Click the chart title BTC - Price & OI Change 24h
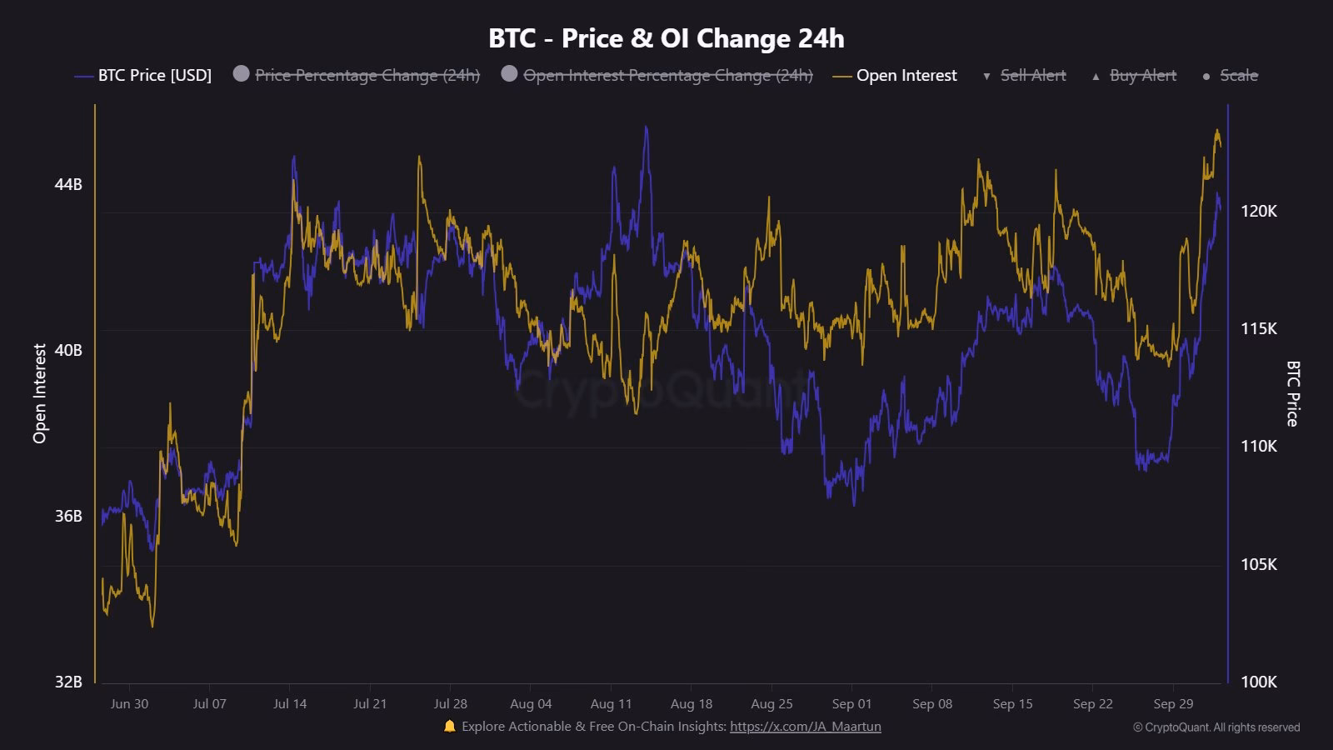click(666, 38)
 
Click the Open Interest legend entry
click(906, 76)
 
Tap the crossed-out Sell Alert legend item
click(1032, 76)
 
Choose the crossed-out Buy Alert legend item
click(1142, 76)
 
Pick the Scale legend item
click(1238, 76)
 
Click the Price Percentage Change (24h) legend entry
click(367, 76)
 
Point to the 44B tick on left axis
click(68, 184)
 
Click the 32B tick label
click(68, 682)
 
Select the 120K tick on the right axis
click(1258, 212)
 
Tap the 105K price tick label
click(1258, 565)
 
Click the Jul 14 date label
click(290, 704)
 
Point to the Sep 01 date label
click(851, 704)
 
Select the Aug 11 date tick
click(611, 704)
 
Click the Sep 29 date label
click(1173, 704)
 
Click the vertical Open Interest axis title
click(40, 393)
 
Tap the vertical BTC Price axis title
click(1292, 393)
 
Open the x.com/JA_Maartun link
click(805, 727)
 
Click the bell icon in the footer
click(450, 726)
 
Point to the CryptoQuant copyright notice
click(1216, 727)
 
